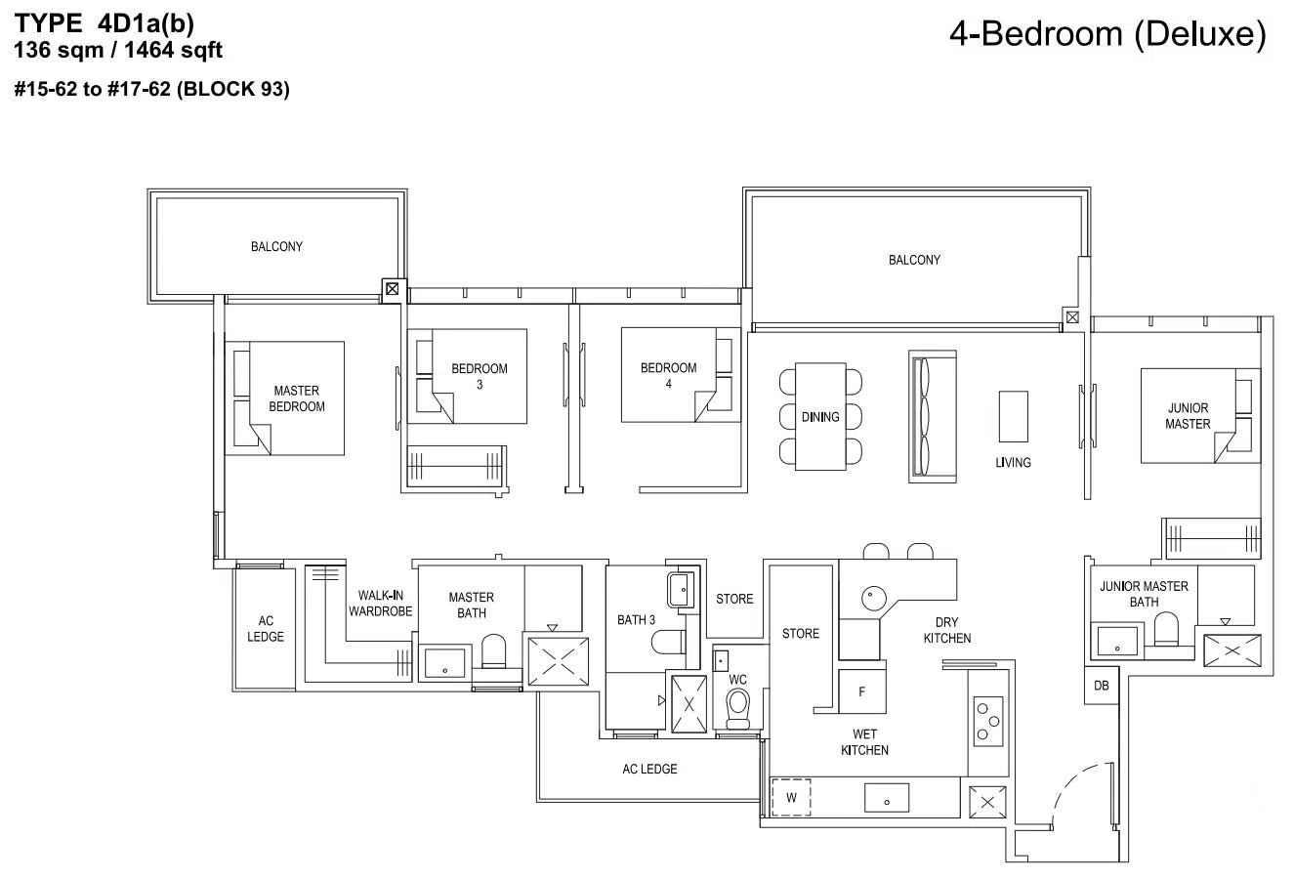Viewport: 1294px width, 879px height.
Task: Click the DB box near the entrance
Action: click(x=1101, y=686)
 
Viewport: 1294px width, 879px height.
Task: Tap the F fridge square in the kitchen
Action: click(x=862, y=691)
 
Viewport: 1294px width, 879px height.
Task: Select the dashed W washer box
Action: click(x=791, y=798)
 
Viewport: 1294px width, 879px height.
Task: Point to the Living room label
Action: click(x=1013, y=462)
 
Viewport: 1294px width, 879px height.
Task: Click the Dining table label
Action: click(x=819, y=416)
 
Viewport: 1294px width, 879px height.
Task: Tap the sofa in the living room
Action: click(x=933, y=416)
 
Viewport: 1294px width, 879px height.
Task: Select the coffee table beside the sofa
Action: click(x=1014, y=416)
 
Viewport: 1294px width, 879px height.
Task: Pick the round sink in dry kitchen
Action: click(x=874, y=599)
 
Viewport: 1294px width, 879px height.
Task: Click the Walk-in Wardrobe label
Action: click(x=380, y=603)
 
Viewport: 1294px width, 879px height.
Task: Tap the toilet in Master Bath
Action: click(x=493, y=650)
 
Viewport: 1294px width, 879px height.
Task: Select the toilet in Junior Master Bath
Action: click(x=1166, y=629)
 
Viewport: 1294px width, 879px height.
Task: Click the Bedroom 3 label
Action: click(x=479, y=376)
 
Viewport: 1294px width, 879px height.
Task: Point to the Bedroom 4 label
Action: click(x=668, y=375)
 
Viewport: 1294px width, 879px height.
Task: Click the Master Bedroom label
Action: click(x=296, y=398)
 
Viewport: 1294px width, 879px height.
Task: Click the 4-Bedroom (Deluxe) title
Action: click(x=1108, y=33)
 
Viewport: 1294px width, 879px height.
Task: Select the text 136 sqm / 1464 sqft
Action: click(x=118, y=50)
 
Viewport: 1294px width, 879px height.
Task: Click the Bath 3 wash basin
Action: click(x=681, y=589)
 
